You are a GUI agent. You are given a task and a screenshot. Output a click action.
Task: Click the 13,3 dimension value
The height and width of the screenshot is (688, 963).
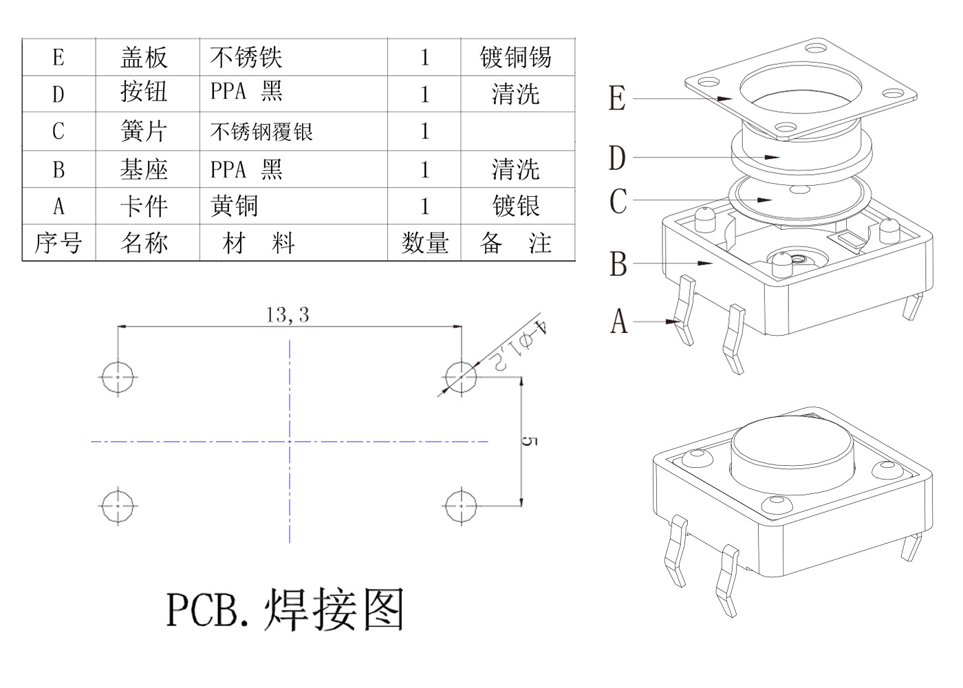coord(288,315)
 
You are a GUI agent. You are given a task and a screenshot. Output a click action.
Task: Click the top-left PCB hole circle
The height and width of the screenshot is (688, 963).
coord(118,377)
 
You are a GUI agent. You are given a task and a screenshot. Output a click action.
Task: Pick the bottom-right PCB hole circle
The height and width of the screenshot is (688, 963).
coord(460,506)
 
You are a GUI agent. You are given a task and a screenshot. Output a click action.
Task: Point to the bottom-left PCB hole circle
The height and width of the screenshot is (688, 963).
coord(118,506)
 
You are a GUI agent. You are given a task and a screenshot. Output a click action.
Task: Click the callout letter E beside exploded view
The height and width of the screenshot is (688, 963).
coord(617,98)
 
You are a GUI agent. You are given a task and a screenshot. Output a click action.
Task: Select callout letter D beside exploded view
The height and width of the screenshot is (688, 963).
coord(617,158)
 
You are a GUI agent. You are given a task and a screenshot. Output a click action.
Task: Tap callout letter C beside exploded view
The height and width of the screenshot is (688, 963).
coord(618,202)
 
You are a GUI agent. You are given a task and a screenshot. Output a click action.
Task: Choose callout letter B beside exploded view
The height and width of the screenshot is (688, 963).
coord(618,264)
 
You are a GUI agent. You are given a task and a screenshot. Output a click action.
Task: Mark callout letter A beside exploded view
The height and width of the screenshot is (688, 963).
coord(619,321)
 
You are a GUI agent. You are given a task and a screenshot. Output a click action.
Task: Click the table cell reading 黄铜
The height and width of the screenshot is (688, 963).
coord(235,206)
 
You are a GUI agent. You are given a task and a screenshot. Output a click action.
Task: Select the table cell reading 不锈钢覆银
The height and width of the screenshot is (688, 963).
coord(261,131)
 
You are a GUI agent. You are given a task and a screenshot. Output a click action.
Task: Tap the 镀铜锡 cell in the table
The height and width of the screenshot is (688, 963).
coord(516,57)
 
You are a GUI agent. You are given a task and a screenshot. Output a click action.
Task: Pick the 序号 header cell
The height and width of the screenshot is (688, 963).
coord(58,243)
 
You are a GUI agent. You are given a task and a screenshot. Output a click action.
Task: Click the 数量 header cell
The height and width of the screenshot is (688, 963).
coord(424,243)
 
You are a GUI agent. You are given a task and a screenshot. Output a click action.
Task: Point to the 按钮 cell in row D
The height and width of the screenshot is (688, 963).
coord(144,92)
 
